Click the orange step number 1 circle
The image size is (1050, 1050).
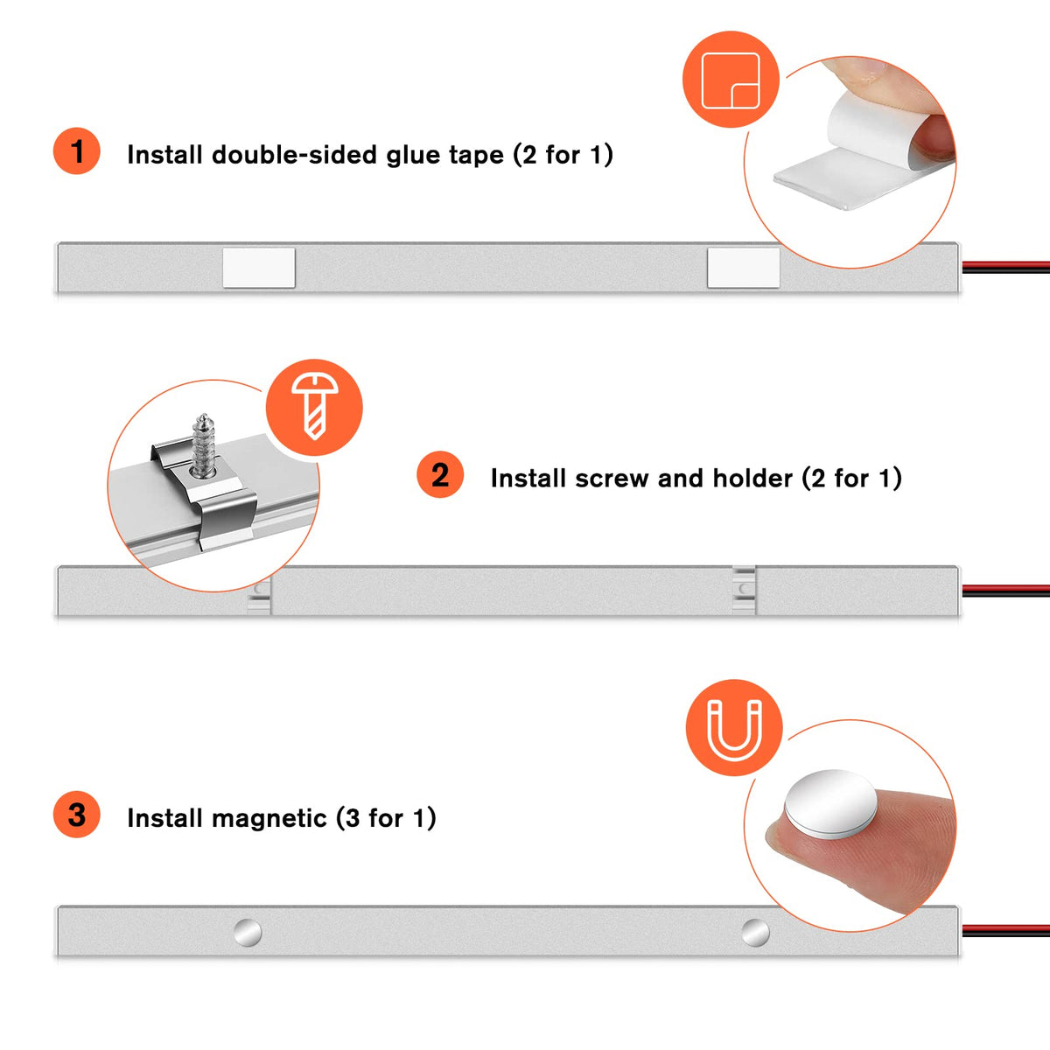76,150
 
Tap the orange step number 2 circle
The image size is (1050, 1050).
440,474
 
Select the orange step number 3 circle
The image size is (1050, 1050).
76,815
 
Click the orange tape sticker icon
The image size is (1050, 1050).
731,80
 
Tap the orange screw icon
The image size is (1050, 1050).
314,408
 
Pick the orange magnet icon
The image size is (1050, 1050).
734,728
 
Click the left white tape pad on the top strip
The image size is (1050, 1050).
259,268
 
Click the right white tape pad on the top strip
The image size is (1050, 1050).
743,268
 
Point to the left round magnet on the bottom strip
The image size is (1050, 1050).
248,932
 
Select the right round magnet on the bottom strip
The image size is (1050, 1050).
756,932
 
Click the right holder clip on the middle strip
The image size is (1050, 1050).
744,590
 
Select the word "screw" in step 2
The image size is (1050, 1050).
612,479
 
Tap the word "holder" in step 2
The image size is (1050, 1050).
752,478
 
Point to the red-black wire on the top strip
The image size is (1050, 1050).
1006,267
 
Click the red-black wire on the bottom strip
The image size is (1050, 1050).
1006,931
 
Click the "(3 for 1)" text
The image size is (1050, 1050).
386,818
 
